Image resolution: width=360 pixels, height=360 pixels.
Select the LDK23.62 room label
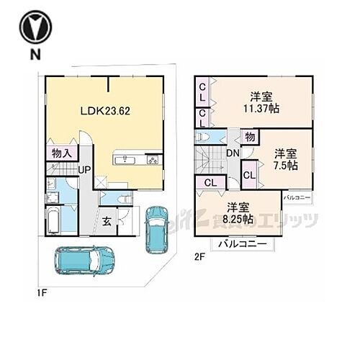tap(105, 112)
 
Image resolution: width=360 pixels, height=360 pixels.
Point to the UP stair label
tap(84, 170)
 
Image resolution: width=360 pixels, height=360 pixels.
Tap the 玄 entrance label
tap(106, 222)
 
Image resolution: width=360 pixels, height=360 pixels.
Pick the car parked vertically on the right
tap(156, 229)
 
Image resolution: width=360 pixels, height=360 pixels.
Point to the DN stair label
tap(233, 153)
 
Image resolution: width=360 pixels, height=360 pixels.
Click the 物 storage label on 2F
tap(249, 136)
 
